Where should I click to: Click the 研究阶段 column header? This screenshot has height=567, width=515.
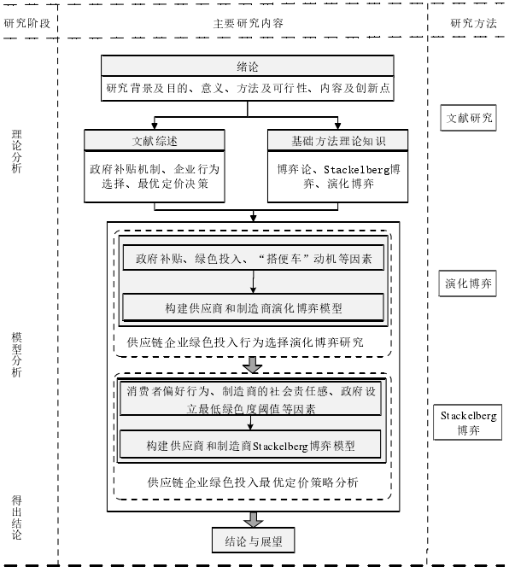26,24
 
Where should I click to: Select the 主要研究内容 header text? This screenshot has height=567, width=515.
248,24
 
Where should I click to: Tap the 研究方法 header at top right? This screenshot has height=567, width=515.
473,24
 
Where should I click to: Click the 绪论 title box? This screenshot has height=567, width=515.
248,66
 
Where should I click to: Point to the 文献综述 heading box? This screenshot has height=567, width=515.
155,140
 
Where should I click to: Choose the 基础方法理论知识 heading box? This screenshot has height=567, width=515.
338,140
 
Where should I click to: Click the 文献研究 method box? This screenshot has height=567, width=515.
468,118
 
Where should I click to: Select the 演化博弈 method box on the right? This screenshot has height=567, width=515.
468,283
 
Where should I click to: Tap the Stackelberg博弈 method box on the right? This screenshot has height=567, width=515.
468,423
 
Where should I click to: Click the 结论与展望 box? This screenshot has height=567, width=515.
253,541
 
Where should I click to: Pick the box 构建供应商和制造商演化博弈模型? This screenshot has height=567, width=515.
253,307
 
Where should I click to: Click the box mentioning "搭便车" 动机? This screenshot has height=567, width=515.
253,258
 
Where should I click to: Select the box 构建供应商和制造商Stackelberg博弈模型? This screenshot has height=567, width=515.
250,445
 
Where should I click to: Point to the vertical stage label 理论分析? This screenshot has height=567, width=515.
16,151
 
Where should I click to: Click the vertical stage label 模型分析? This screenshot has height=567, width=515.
16,354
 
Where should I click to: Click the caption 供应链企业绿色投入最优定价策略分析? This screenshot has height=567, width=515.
253,482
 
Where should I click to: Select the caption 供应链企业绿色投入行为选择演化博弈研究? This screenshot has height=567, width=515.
245,342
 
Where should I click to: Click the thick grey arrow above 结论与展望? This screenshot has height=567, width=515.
253,520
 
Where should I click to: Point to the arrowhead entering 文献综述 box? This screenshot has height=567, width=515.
155,126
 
